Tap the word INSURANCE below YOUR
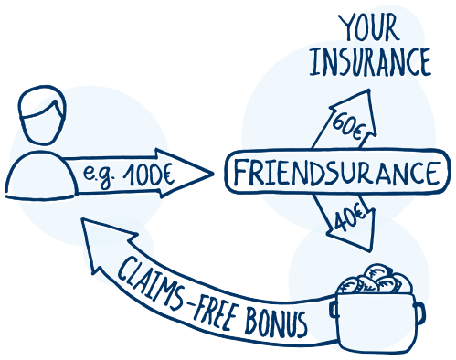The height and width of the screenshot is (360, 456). coord(370,61)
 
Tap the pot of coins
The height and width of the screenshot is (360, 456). coord(377,317)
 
